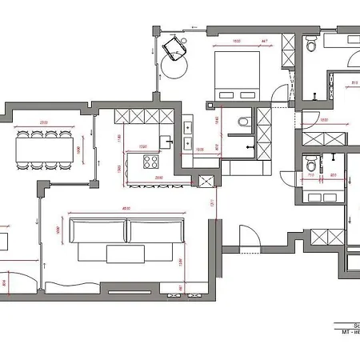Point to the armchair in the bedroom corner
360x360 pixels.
tap(173, 50)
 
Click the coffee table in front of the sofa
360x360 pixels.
tap(124, 254)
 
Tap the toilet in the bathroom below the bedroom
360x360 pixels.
tap(244, 122)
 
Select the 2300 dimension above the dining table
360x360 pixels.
tap(46, 122)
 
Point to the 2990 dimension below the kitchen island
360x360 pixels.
tap(159, 177)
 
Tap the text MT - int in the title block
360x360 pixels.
tap(349, 332)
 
